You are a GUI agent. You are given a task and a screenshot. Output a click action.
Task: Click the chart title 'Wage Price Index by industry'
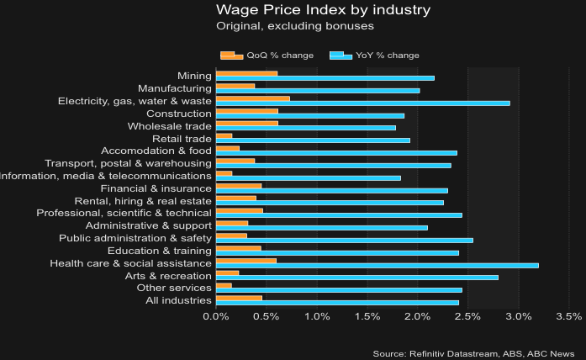(x=323, y=10)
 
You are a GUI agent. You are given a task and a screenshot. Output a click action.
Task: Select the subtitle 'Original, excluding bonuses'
(x=294, y=27)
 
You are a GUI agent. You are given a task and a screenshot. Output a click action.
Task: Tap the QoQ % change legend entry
(x=267, y=56)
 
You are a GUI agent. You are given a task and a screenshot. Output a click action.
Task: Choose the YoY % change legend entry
(x=375, y=56)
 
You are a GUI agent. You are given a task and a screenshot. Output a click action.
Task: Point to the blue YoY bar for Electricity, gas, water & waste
(x=362, y=103)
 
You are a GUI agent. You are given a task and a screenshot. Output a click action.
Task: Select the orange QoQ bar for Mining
(x=246, y=74)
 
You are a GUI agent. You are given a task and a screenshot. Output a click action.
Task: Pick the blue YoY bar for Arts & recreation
(x=356, y=278)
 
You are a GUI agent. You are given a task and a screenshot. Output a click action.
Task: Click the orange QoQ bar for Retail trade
(x=224, y=135)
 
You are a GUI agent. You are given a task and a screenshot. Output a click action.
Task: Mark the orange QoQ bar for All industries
(x=239, y=298)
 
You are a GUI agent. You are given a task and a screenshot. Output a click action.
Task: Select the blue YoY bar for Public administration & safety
(x=344, y=241)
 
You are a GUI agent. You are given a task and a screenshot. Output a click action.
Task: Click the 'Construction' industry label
(x=178, y=114)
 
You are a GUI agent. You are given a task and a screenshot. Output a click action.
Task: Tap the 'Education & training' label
(x=160, y=251)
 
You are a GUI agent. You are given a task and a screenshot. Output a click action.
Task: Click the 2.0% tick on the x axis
(x=418, y=317)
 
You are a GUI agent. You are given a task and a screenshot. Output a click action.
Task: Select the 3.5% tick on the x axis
(x=569, y=317)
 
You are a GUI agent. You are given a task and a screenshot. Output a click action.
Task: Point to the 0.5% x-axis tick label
(x=267, y=317)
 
